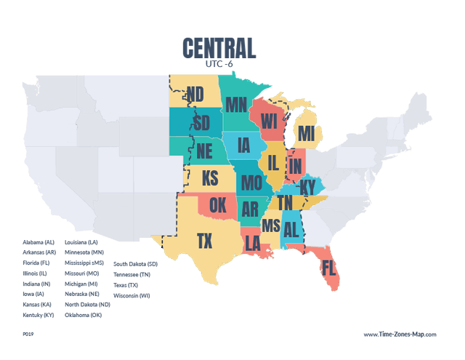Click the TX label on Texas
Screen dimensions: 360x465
[x=205, y=241]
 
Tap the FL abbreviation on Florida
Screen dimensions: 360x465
[x=328, y=267]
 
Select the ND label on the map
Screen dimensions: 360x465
[x=195, y=94]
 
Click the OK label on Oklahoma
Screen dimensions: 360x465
[x=217, y=206]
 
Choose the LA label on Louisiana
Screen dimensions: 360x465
[x=252, y=241]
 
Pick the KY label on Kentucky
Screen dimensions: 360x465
[x=308, y=188]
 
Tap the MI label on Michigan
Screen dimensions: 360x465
[x=307, y=134]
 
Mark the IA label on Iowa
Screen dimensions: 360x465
[x=242, y=145]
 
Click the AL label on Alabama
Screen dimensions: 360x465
[x=292, y=230]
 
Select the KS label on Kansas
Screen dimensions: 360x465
[x=210, y=178]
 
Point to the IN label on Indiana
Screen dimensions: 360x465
[x=295, y=166]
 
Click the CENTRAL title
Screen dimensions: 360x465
[x=219, y=48]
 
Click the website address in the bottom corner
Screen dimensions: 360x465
[x=400, y=334]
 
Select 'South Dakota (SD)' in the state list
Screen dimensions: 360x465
[x=135, y=264]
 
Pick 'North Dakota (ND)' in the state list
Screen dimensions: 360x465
[x=87, y=305]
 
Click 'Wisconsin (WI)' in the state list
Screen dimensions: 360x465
[x=132, y=295]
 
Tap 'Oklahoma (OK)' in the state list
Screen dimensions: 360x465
[x=84, y=315]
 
